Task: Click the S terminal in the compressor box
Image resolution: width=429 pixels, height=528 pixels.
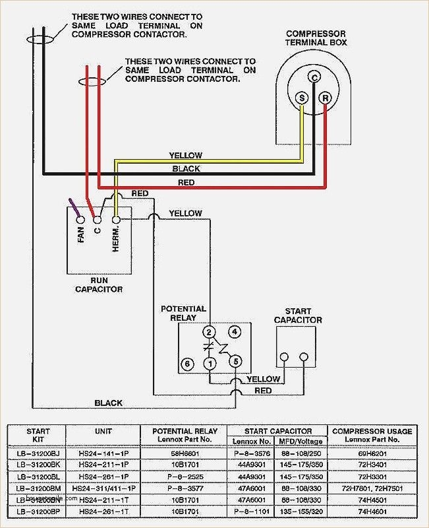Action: click(302, 98)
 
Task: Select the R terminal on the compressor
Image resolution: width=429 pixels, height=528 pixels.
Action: click(325, 98)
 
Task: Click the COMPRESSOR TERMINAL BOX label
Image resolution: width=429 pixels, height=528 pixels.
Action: click(316, 38)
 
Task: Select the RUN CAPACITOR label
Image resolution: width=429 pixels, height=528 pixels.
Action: click(98, 284)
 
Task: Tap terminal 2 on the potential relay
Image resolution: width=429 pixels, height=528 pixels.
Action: click(210, 331)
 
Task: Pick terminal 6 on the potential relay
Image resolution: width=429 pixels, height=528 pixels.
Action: click(187, 364)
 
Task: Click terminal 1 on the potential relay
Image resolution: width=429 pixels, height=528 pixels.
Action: click(210, 364)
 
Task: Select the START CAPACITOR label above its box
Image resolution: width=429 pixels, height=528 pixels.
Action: click(294, 315)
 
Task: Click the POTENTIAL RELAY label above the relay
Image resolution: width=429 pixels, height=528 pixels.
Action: click(184, 313)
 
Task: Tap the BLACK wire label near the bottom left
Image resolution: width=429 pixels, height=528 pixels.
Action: click(108, 403)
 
